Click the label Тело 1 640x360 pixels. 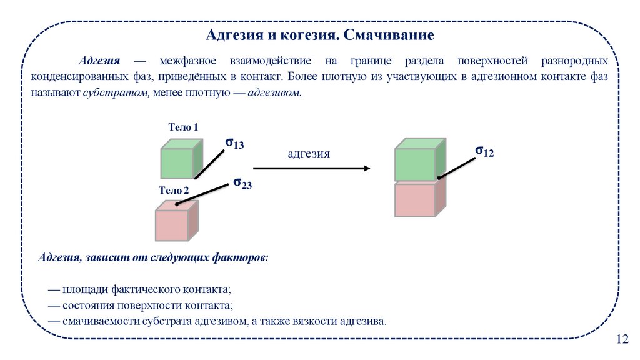[x=183, y=127]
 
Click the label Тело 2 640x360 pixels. [x=174, y=191]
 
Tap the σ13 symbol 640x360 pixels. [x=234, y=144]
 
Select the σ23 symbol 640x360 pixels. [x=242, y=183]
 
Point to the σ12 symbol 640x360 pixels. [x=484, y=151]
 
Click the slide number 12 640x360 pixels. [x=622, y=339]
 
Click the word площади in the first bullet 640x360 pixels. [x=86, y=290]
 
